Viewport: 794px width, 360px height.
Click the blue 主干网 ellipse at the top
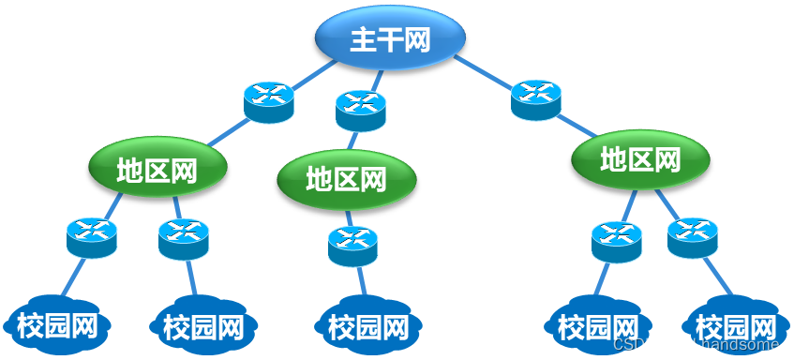(389, 38)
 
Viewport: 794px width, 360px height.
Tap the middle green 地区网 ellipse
(347, 177)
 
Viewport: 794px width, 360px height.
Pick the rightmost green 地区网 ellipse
(640, 159)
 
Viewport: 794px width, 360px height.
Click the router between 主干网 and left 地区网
(269, 101)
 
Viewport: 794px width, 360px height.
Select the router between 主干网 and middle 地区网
(361, 110)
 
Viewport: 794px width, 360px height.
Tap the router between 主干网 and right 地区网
(536, 99)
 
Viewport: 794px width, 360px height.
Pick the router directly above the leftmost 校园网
(92, 238)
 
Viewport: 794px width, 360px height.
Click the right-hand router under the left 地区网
(184, 238)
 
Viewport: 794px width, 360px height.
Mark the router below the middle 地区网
(352, 246)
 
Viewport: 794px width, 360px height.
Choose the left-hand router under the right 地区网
(617, 241)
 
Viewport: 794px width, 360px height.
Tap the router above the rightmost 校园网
(693, 237)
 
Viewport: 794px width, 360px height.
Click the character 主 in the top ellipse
(363, 39)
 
